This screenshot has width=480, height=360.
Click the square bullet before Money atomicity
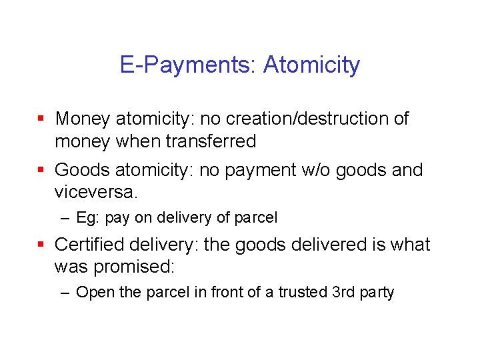pos(41,119)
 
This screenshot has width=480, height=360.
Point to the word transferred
pos(211,141)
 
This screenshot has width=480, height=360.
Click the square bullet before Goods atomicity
pos(41,171)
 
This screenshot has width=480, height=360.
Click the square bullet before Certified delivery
pos(41,245)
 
